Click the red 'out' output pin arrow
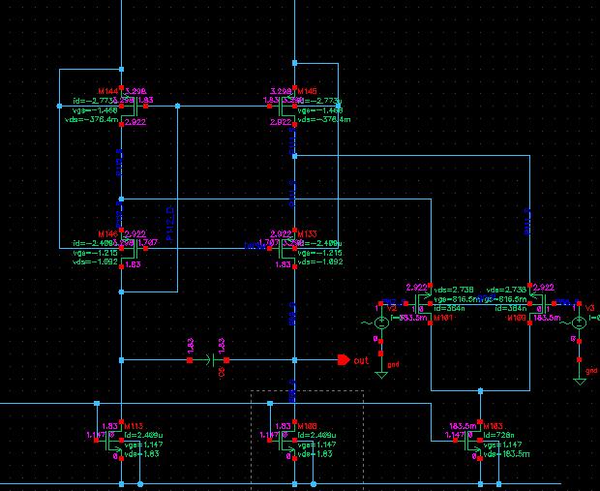[x=343, y=361]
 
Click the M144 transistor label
[x=105, y=88]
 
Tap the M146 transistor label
[x=105, y=234]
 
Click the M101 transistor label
[x=444, y=317]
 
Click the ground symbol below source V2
[x=381, y=370]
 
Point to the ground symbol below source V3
[x=579, y=380]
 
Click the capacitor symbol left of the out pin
[x=206, y=361]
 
